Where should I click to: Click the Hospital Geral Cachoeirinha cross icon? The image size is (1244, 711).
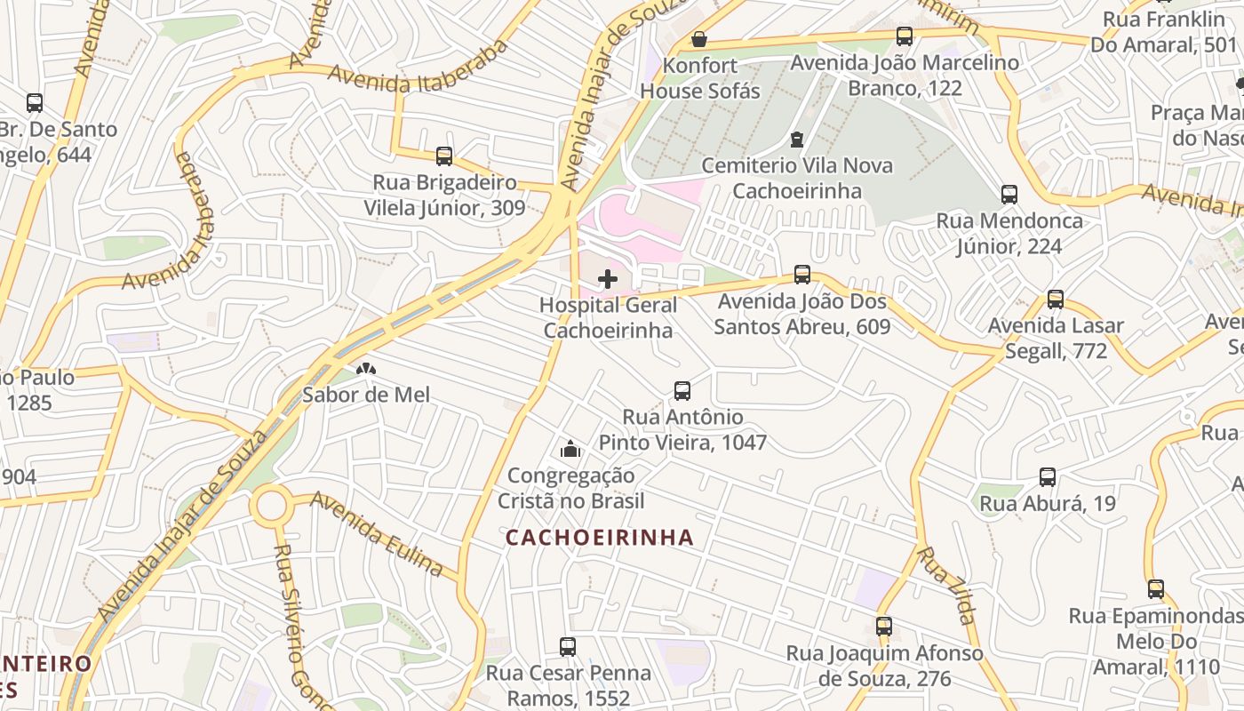coord(608,279)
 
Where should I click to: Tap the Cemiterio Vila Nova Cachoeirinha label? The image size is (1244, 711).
coord(796,178)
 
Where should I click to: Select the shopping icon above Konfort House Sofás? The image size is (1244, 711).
coord(699,40)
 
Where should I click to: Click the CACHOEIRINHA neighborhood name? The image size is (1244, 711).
coord(600,538)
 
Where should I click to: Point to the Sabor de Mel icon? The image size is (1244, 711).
coord(365,369)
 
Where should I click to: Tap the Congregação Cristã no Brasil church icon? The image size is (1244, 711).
coord(570,450)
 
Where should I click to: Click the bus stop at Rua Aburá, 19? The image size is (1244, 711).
coord(1048,477)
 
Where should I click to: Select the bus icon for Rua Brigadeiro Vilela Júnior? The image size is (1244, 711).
coord(444,156)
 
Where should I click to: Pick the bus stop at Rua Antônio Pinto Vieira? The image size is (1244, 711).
coord(682,390)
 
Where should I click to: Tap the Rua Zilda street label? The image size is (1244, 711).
coord(946,586)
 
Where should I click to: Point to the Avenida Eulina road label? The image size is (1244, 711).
coord(377,533)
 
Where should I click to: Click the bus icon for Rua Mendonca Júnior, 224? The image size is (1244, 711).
coord(1009,195)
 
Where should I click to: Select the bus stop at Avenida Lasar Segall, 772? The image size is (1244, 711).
coord(1056,300)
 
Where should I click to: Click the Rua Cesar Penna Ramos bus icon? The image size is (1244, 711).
coord(568,647)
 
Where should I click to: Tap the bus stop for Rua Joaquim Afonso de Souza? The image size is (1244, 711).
coord(883,627)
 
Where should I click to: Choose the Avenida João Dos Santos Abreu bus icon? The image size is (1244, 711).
coord(802,275)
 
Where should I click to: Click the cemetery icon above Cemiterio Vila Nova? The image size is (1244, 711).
coord(797,140)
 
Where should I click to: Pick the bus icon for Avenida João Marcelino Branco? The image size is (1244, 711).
coord(905,36)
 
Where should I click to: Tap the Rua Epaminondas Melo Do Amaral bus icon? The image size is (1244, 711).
coord(1155,589)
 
